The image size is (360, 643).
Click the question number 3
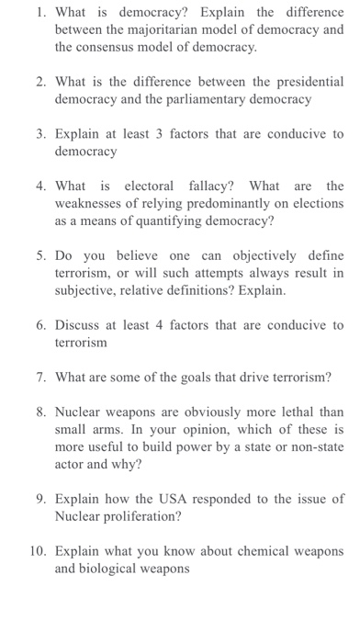(x=40, y=133)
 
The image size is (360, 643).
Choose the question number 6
(x=40, y=325)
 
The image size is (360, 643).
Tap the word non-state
(x=312, y=447)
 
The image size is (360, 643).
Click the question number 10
(x=38, y=551)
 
